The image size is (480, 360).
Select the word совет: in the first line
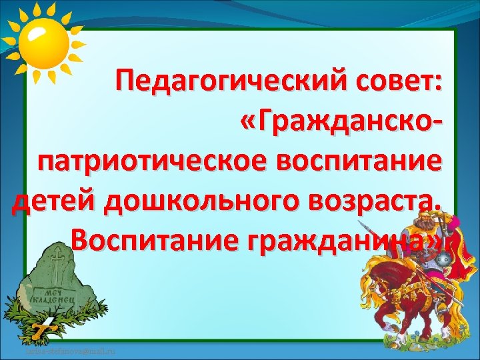[x=402, y=85]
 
